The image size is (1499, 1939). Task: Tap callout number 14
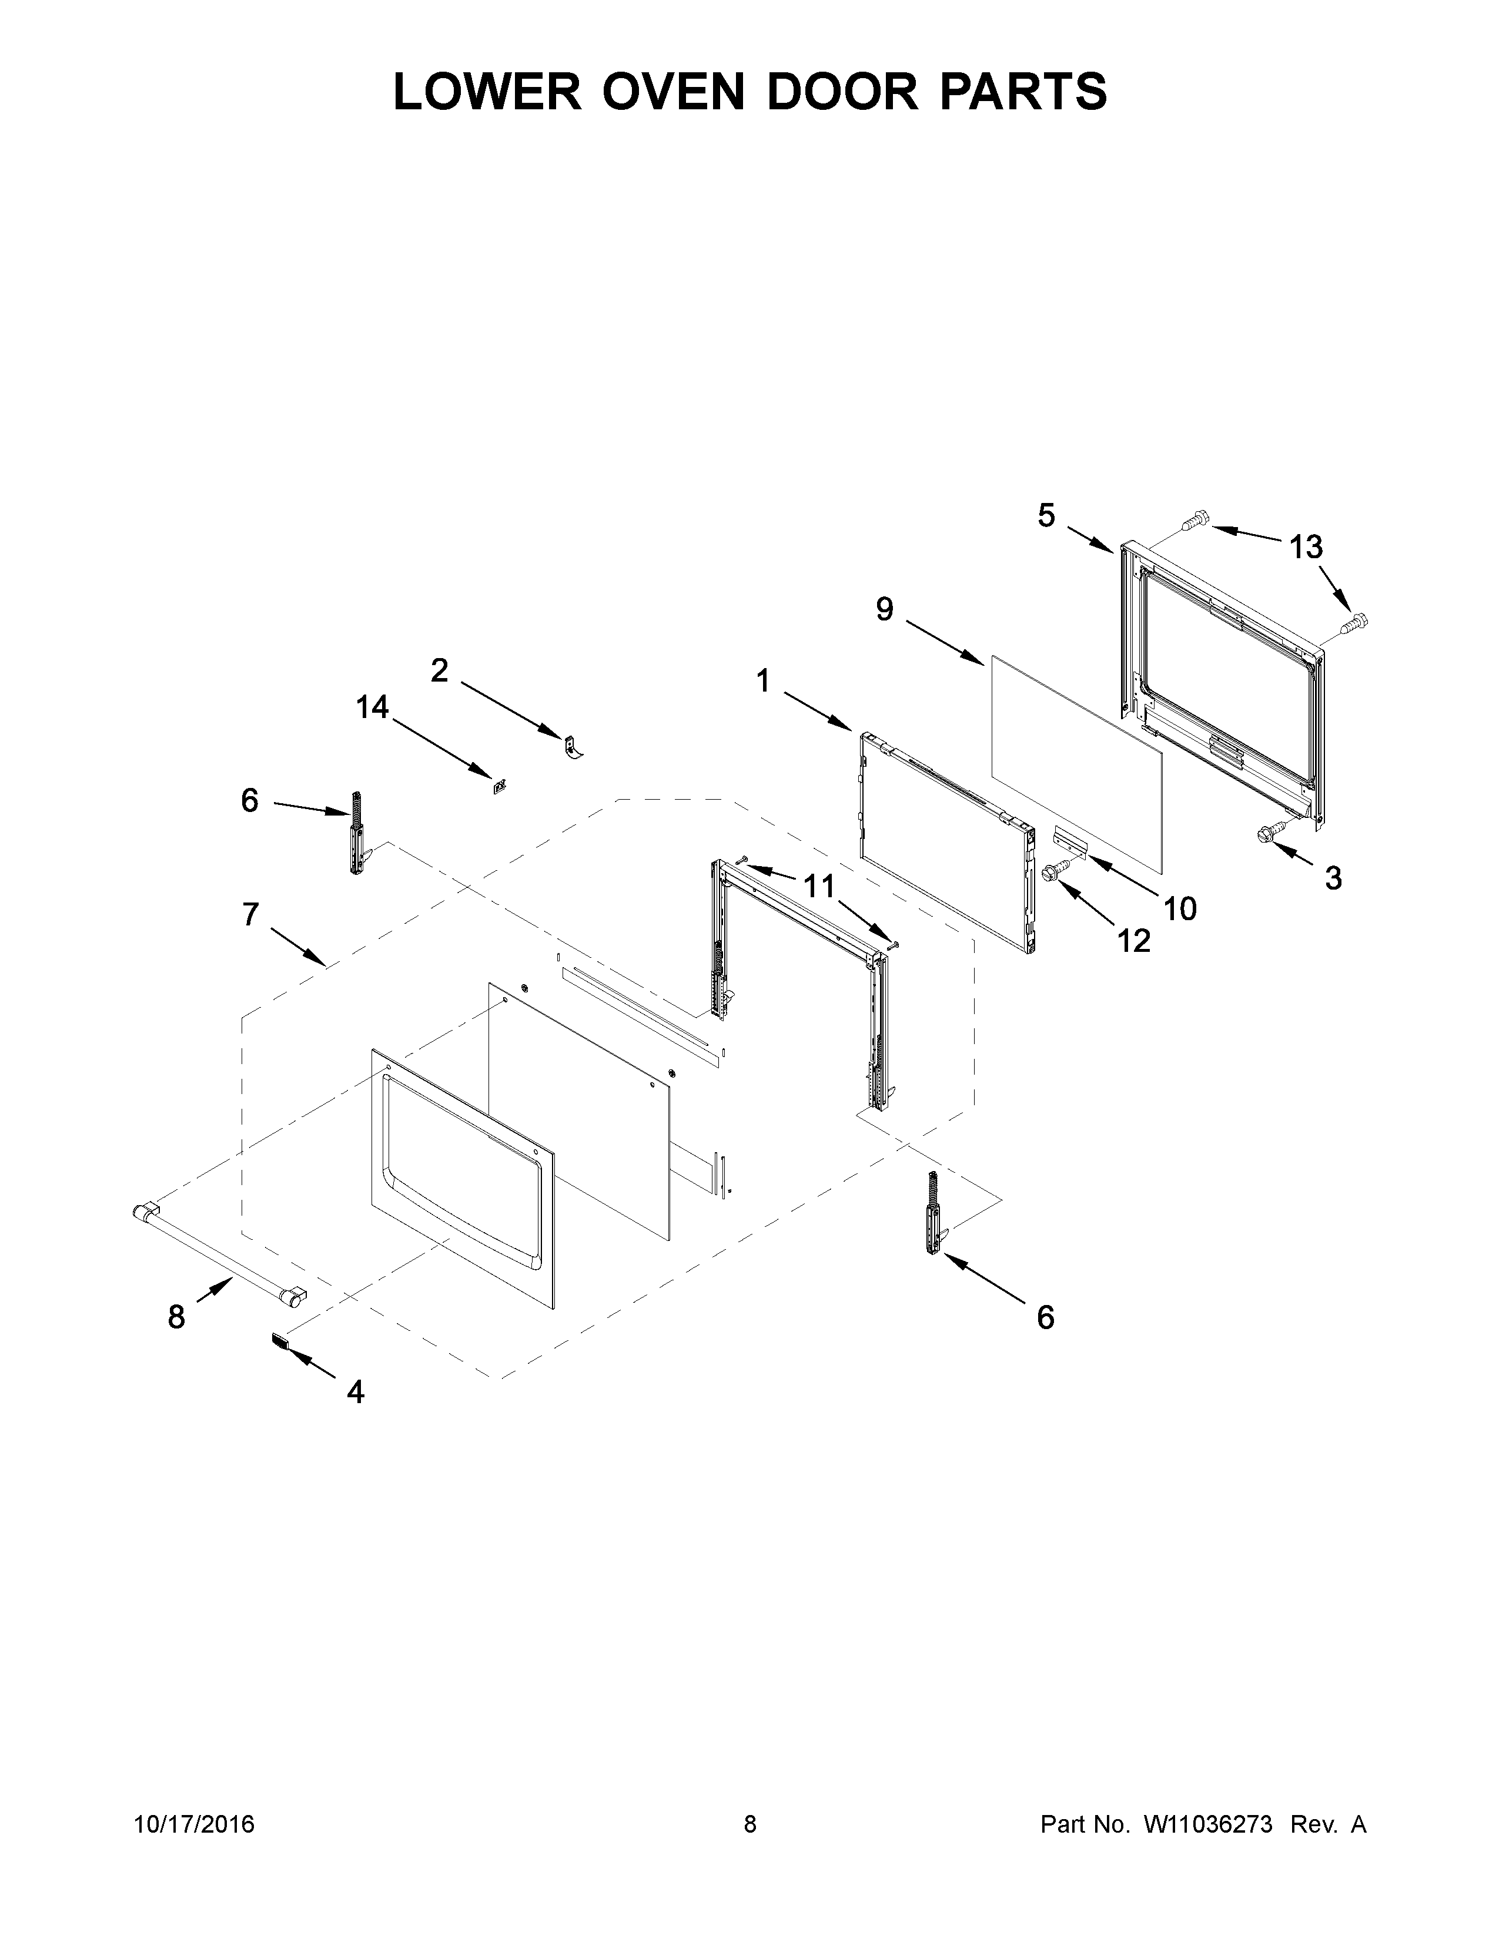[x=372, y=707]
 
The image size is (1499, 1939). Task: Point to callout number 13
[x=1306, y=547]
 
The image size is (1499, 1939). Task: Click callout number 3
[x=1333, y=878]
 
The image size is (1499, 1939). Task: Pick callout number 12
[x=1133, y=940]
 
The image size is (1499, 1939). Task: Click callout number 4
[x=355, y=1392]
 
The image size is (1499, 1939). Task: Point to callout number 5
[x=1046, y=515]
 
